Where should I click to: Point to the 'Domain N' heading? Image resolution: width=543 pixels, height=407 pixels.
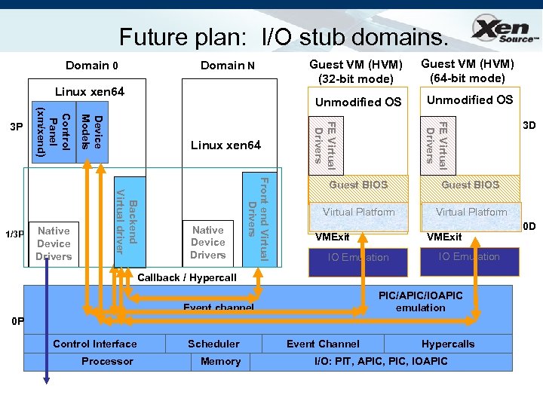228,66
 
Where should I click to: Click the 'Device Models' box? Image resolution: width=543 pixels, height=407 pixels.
92,131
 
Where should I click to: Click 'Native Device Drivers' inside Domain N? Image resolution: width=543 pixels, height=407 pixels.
208,243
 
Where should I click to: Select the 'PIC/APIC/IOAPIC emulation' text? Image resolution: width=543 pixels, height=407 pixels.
420,301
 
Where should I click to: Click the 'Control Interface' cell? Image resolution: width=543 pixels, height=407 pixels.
95,344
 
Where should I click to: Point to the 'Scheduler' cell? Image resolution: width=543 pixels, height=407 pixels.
213,344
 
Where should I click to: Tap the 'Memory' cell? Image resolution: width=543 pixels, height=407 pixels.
220,362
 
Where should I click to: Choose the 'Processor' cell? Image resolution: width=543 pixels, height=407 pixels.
107,362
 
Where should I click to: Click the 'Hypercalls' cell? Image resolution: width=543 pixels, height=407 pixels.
448,344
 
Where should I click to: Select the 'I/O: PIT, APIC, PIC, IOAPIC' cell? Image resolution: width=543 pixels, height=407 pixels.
380,362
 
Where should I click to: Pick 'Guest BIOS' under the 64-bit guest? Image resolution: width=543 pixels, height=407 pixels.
470,185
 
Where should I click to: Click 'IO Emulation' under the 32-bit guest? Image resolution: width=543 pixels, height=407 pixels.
358,258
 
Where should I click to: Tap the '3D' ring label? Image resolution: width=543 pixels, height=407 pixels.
529,126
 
